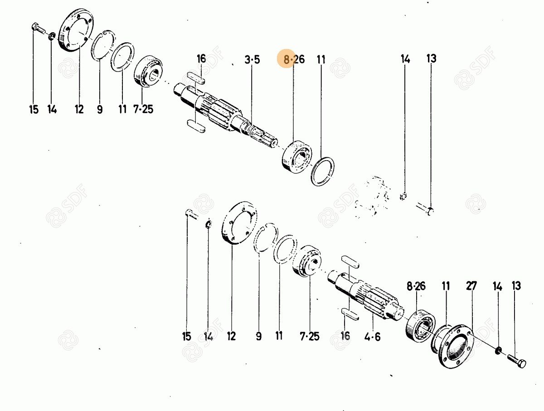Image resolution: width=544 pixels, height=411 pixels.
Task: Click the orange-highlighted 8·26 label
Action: [x=294, y=60]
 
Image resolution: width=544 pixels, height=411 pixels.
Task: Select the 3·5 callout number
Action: [x=252, y=60]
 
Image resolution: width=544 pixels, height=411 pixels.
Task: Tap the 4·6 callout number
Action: [x=372, y=337]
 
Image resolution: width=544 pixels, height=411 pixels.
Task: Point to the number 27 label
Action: [x=471, y=286]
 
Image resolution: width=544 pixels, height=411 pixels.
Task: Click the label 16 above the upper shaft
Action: [x=201, y=59]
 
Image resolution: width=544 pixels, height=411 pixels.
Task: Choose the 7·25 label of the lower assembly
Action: [x=310, y=337]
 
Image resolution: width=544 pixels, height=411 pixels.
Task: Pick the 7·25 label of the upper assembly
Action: [x=143, y=109]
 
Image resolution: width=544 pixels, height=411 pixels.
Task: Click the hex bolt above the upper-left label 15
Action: [x=39, y=28]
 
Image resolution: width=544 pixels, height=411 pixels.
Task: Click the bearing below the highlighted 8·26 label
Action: [x=297, y=157]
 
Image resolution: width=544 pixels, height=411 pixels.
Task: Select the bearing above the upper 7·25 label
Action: [x=148, y=70]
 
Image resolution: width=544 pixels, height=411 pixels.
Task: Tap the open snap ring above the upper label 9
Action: [x=102, y=45]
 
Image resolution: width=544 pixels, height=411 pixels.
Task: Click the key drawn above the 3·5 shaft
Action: [x=196, y=78]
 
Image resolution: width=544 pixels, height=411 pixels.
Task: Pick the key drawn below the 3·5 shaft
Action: [x=196, y=126]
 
